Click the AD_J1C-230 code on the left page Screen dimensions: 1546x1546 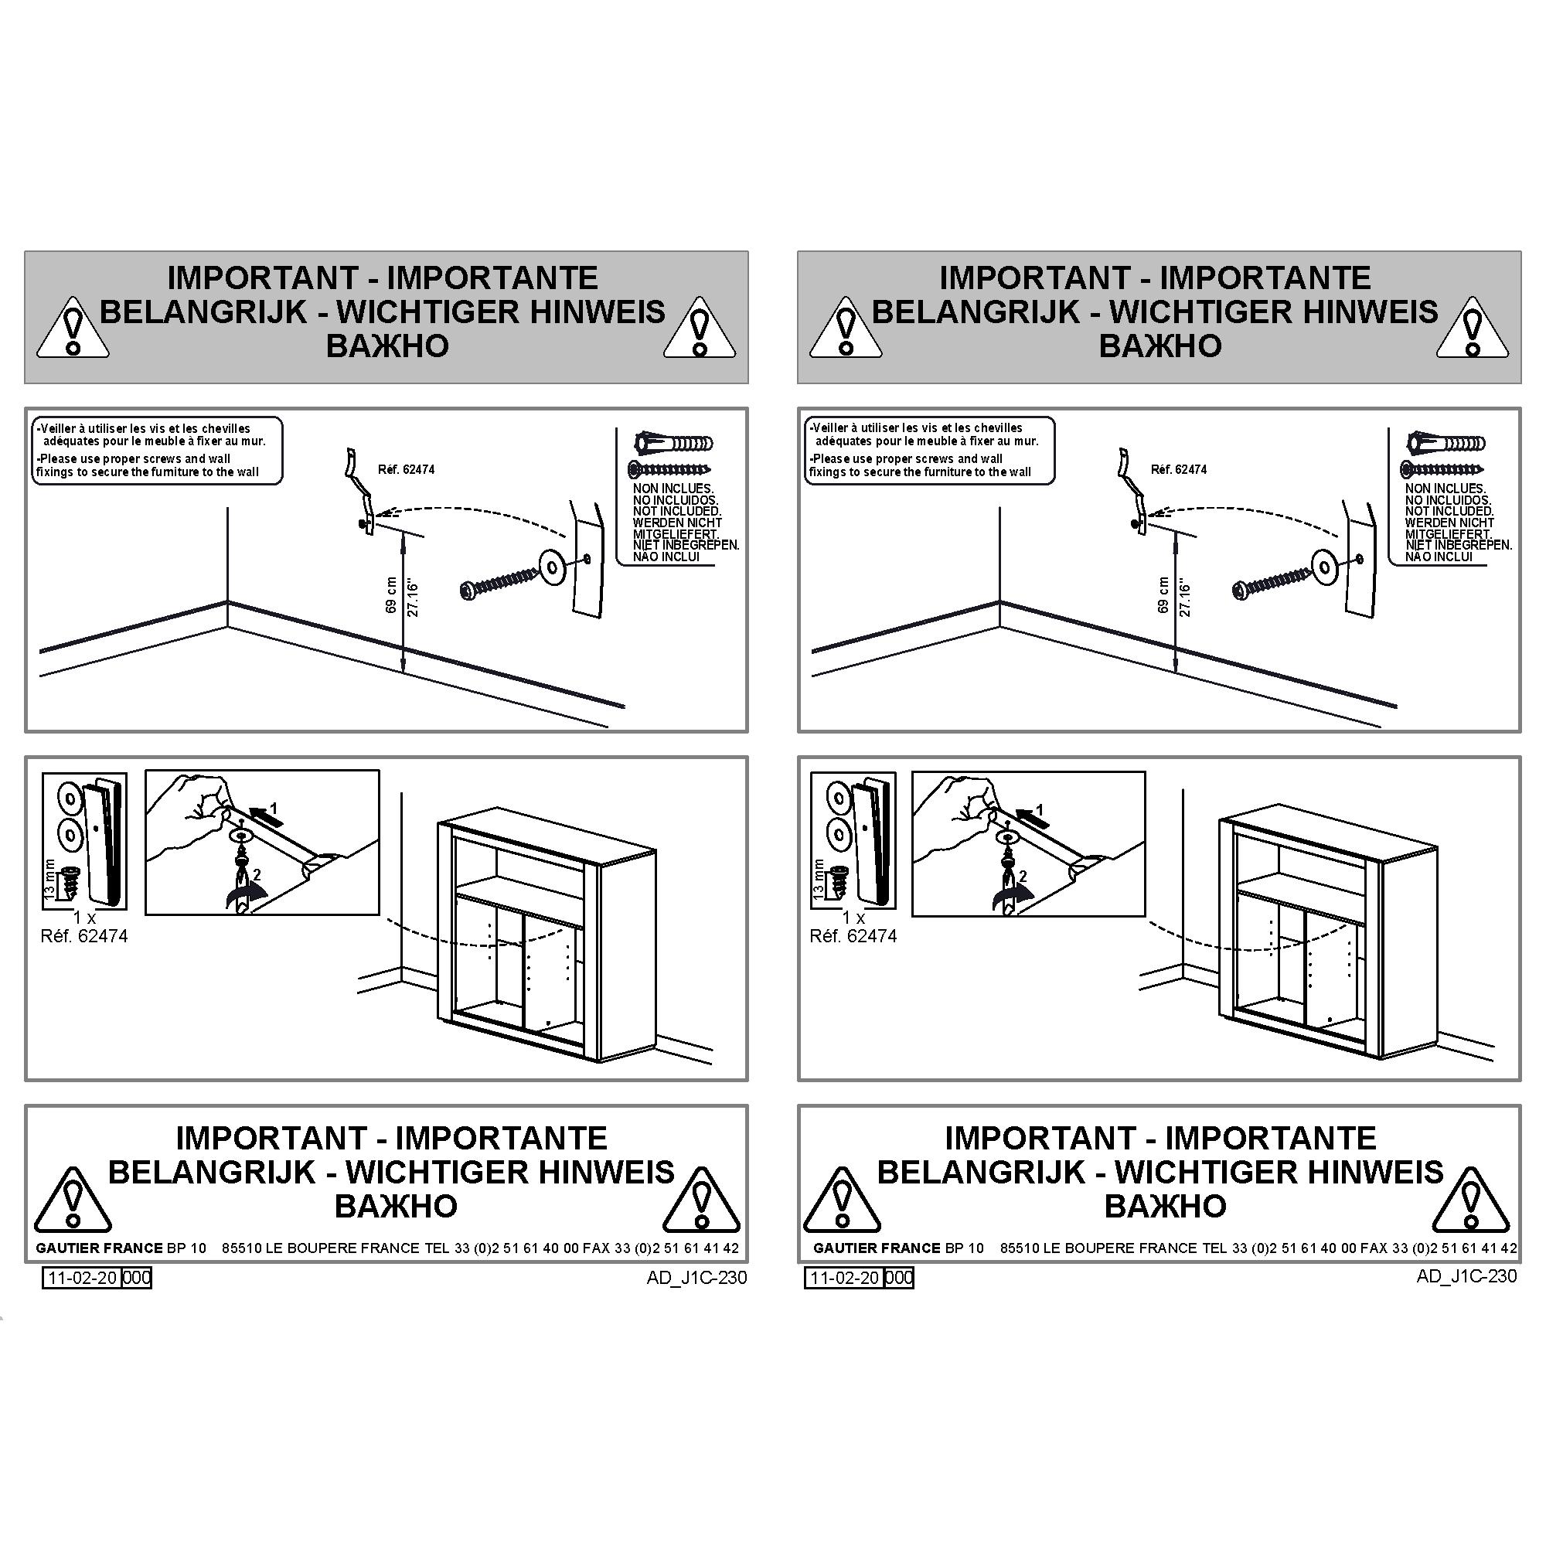(x=697, y=1277)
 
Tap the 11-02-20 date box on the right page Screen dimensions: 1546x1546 (x=845, y=1278)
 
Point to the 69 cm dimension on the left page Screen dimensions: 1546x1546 (x=391, y=594)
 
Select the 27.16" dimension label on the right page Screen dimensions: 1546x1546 (x=1185, y=599)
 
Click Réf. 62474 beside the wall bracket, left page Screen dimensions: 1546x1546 (x=407, y=470)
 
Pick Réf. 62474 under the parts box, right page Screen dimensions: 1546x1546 (x=853, y=935)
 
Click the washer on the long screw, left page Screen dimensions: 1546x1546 (x=552, y=565)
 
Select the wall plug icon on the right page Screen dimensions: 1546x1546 (x=1446, y=442)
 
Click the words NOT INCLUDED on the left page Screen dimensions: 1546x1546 (x=677, y=510)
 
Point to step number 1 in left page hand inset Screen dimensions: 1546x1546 (x=273, y=808)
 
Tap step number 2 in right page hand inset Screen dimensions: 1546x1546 (x=1023, y=877)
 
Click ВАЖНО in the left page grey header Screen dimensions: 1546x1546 (x=387, y=346)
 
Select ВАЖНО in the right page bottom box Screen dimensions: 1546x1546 (x=1165, y=1206)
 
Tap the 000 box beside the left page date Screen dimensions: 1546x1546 (x=136, y=1278)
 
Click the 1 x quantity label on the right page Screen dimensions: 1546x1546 (x=854, y=918)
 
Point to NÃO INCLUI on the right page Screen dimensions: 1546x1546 (x=1439, y=557)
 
